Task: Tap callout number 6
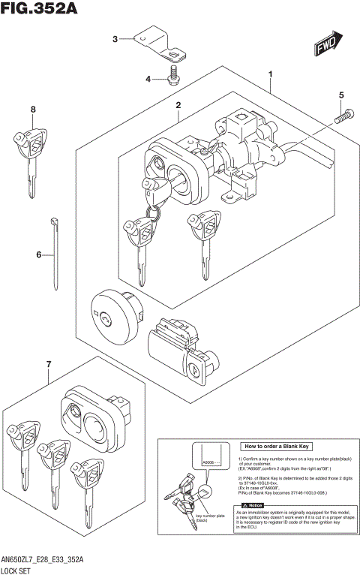(x=33, y=110)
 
